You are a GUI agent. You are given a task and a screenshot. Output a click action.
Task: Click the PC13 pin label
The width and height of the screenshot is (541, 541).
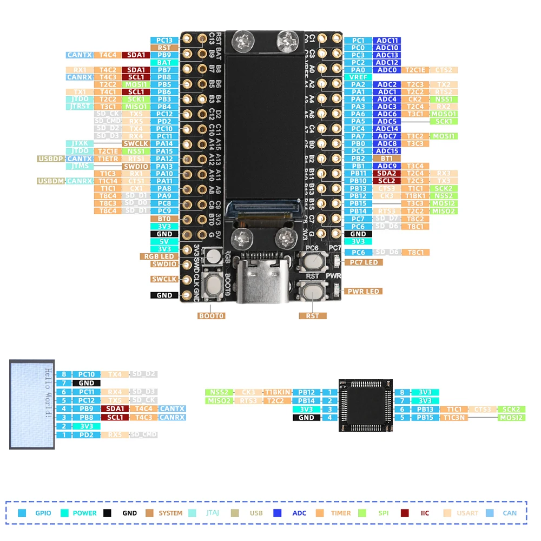coord(164,41)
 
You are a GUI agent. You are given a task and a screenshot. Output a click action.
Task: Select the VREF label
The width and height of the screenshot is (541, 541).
coord(358,77)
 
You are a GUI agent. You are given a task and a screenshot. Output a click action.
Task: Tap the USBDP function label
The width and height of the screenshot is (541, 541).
coord(50,159)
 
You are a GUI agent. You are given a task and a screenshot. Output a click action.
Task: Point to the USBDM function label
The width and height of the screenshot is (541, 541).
coord(50,181)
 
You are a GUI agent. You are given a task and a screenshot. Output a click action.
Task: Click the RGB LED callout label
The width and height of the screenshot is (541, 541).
coord(159,256)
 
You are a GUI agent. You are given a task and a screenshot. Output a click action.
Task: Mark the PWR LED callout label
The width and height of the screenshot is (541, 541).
coord(364,292)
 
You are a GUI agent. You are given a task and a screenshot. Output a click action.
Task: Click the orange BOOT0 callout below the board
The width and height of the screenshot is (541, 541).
coord(211,316)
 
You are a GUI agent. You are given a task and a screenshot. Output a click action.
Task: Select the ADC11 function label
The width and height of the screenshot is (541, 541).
coord(387,41)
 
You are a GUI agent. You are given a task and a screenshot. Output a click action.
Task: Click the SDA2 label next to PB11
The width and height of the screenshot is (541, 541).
coord(386,174)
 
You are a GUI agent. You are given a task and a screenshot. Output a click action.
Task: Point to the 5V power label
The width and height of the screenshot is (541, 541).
coord(164,242)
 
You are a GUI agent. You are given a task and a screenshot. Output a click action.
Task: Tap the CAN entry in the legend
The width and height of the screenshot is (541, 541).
coord(503,513)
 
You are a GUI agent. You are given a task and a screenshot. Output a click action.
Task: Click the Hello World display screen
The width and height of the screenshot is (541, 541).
coord(32,404)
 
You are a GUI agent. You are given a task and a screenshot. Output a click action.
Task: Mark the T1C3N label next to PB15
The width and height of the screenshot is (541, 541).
coord(454,418)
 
